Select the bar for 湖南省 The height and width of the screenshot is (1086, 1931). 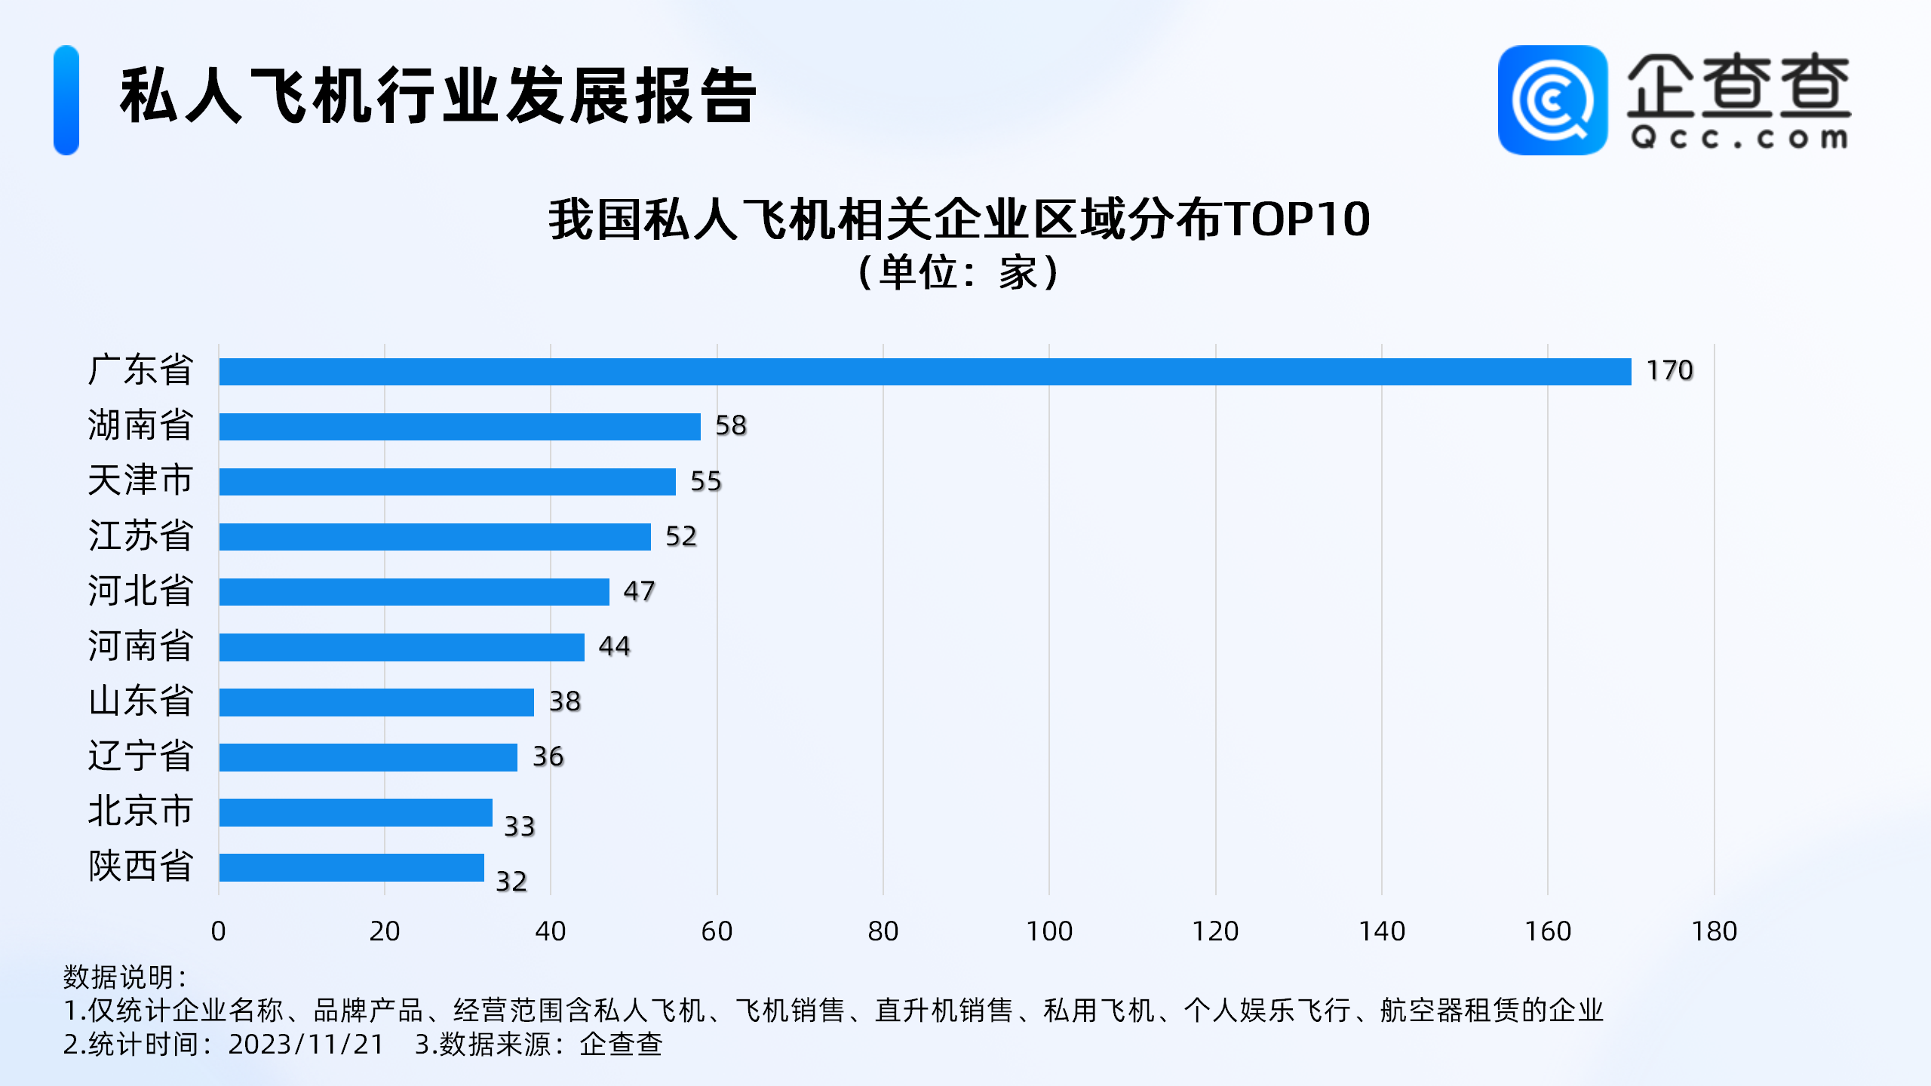(x=459, y=427)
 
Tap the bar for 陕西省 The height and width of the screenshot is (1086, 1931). (x=352, y=867)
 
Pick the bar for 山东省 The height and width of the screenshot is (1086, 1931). (x=376, y=702)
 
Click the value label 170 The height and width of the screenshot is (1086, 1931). (x=1669, y=370)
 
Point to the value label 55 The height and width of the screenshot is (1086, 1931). (x=706, y=481)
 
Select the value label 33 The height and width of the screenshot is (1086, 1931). (x=519, y=827)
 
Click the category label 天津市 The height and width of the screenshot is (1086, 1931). (x=141, y=480)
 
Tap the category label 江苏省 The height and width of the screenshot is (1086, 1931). (x=141, y=535)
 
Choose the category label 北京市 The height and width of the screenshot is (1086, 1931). (x=141, y=811)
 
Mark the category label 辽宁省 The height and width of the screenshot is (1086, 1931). (x=141, y=756)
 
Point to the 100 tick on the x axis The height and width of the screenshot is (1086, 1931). (x=1049, y=931)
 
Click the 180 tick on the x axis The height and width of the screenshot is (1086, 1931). (x=1714, y=931)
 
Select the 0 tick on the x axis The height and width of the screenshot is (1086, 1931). (x=219, y=931)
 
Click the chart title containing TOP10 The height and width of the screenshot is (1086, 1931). (x=959, y=219)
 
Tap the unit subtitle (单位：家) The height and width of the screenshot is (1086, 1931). (x=959, y=272)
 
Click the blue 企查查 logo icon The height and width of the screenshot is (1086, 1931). (x=1552, y=100)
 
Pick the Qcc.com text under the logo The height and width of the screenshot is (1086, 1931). (x=1739, y=138)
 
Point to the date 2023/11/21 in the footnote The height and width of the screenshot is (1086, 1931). (x=306, y=1045)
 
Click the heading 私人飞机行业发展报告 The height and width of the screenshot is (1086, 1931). (x=437, y=96)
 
